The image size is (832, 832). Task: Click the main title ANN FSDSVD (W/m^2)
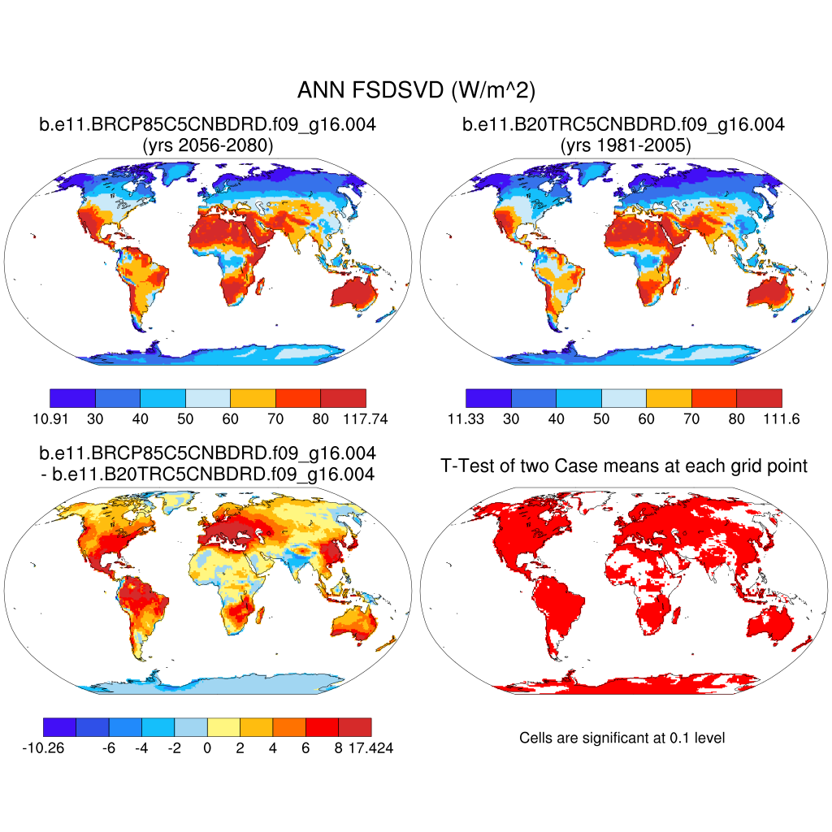(x=416, y=90)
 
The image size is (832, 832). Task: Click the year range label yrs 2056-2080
(x=207, y=146)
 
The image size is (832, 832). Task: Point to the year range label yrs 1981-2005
(x=623, y=146)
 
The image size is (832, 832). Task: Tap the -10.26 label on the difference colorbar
(x=43, y=748)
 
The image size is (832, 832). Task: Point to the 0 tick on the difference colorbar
(x=207, y=748)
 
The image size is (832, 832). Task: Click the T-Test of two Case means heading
(x=623, y=466)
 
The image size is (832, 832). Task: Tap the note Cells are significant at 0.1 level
(x=622, y=738)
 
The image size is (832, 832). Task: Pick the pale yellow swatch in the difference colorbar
(x=223, y=726)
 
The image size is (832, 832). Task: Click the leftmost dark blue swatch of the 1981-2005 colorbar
(x=488, y=397)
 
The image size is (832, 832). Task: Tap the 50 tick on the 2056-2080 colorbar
(x=185, y=420)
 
